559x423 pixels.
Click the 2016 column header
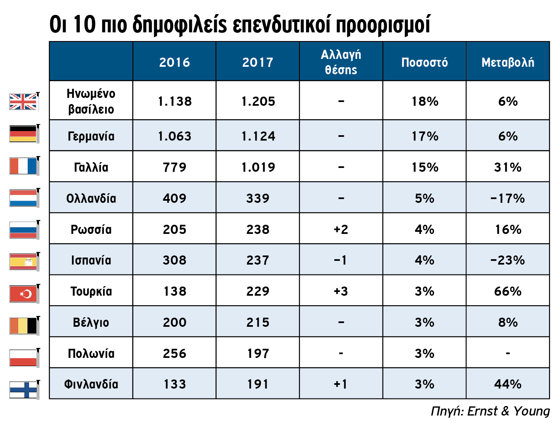(174, 62)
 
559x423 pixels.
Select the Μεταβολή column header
(508, 62)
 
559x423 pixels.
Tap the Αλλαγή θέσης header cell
(341, 62)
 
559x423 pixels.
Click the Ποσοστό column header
(424, 62)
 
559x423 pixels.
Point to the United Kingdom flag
(23, 102)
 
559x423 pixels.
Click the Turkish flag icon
(23, 294)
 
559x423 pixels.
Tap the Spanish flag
(23, 262)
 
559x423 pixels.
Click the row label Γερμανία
(91, 136)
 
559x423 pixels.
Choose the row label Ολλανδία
(91, 198)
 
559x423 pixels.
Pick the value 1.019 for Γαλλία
(258, 167)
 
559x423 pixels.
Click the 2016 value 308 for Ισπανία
(174, 260)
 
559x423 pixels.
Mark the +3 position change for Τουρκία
(341, 291)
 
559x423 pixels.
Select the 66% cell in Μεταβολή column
(508, 291)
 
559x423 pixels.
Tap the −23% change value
(508, 260)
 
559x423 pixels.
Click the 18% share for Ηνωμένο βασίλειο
(424, 101)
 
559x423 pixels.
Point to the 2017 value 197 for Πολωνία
(258, 353)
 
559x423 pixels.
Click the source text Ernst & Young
(508, 411)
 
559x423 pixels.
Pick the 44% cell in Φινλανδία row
(508, 384)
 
